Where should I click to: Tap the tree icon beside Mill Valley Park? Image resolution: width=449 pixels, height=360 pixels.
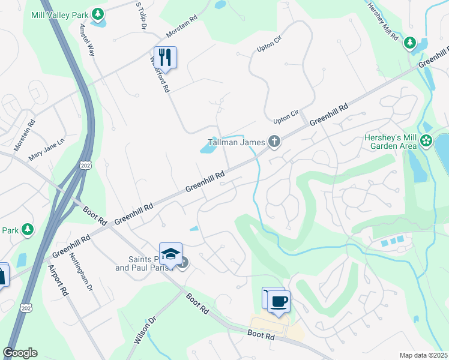pyautogui.click(x=97, y=13)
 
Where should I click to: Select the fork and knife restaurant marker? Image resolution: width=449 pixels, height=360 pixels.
pyautogui.click(x=165, y=58)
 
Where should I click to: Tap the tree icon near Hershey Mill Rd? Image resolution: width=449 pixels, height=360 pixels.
pyautogui.click(x=410, y=43)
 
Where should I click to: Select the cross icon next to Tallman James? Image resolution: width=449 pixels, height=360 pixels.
pyautogui.click(x=274, y=142)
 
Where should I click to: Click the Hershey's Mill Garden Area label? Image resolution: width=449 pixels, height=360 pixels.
pyautogui.click(x=391, y=142)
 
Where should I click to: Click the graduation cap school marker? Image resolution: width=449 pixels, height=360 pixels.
pyautogui.click(x=171, y=253)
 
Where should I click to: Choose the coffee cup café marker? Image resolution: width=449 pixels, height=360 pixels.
pyautogui.click(x=279, y=301)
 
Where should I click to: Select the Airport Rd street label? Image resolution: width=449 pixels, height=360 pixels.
pyautogui.click(x=56, y=282)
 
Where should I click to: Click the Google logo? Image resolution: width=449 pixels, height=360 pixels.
pyautogui.click(x=20, y=353)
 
